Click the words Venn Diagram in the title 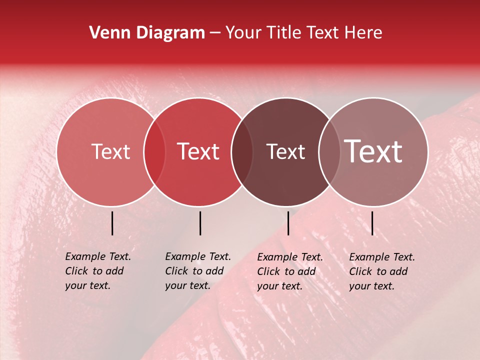pyautogui.click(x=147, y=33)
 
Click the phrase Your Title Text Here pyautogui.click(x=303, y=33)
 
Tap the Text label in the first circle pyautogui.click(x=110, y=151)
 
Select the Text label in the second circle pyautogui.click(x=198, y=151)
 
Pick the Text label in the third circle pyautogui.click(x=285, y=151)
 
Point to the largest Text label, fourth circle pyautogui.click(x=373, y=151)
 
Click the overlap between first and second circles pyautogui.click(x=154, y=152)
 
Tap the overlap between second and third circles pyautogui.click(x=242, y=152)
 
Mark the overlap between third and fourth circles pyautogui.click(x=329, y=152)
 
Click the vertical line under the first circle pyautogui.click(x=112, y=223)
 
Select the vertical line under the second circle pyautogui.click(x=200, y=223)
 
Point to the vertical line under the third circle pyautogui.click(x=288, y=223)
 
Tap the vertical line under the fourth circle pyautogui.click(x=372, y=223)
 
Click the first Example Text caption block pyautogui.click(x=98, y=271)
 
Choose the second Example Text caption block pyautogui.click(x=198, y=271)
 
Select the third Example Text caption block pyautogui.click(x=290, y=271)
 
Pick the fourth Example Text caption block pyautogui.click(x=382, y=271)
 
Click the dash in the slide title pyautogui.click(x=215, y=33)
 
